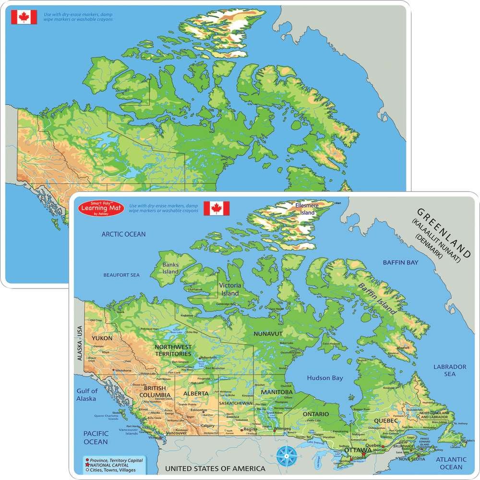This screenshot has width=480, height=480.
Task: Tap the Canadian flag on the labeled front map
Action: (216, 208)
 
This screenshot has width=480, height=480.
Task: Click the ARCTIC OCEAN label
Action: (123, 234)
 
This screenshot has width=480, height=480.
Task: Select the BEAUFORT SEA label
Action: (121, 275)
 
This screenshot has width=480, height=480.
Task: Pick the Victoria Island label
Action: (230, 289)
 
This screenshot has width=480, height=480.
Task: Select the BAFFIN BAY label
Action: (400, 263)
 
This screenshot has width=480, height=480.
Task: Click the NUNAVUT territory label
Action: (268, 333)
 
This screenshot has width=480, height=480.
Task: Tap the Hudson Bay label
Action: (325, 378)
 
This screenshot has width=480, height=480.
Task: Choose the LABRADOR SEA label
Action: (450, 370)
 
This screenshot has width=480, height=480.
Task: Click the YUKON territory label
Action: (102, 338)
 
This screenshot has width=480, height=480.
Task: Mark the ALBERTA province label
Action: (196, 394)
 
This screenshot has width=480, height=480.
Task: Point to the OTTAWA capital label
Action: (358, 450)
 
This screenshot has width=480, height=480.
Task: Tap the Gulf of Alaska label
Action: (86, 395)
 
